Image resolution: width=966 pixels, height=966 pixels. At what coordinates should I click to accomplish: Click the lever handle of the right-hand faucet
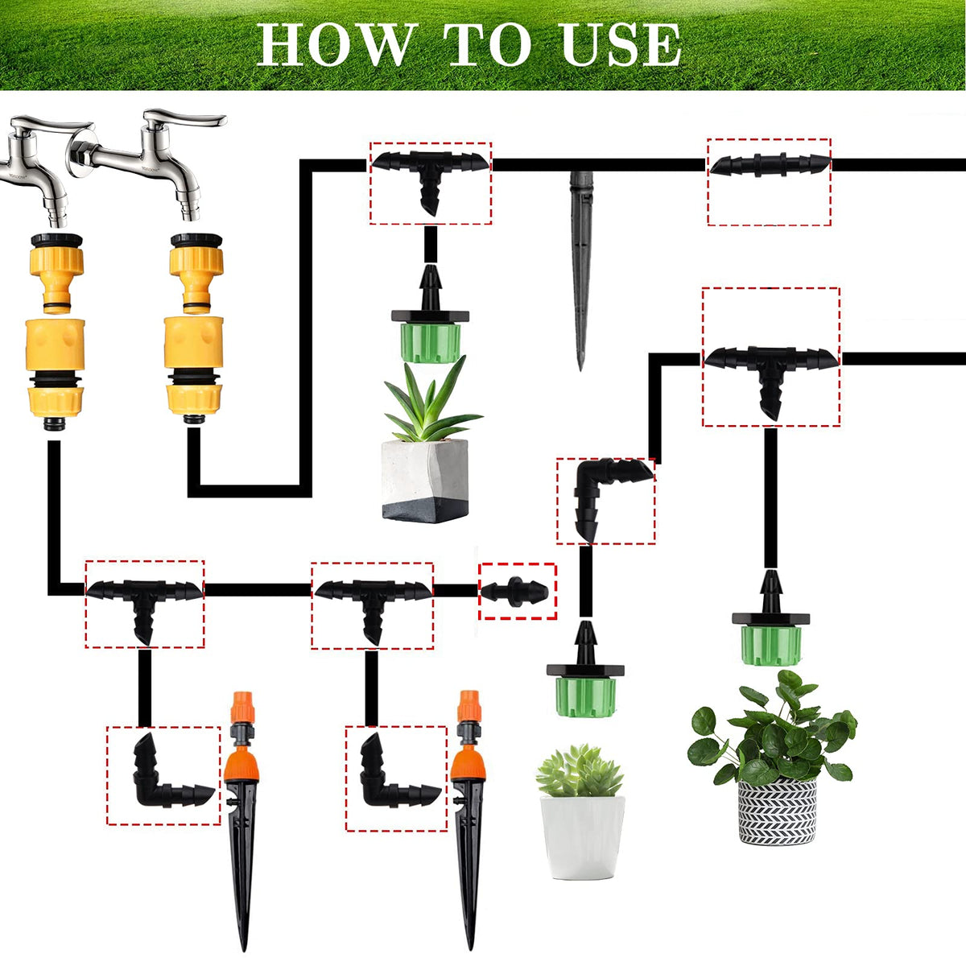(184, 119)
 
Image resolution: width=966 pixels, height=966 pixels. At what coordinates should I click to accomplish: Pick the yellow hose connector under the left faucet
(56, 332)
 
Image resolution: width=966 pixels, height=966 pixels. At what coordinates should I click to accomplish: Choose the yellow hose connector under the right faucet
(194, 330)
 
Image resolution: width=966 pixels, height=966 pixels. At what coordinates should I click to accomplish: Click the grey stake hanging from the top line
(580, 270)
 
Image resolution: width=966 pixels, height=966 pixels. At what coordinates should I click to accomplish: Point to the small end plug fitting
(515, 592)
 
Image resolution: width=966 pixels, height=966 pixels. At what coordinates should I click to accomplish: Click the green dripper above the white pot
(585, 671)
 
